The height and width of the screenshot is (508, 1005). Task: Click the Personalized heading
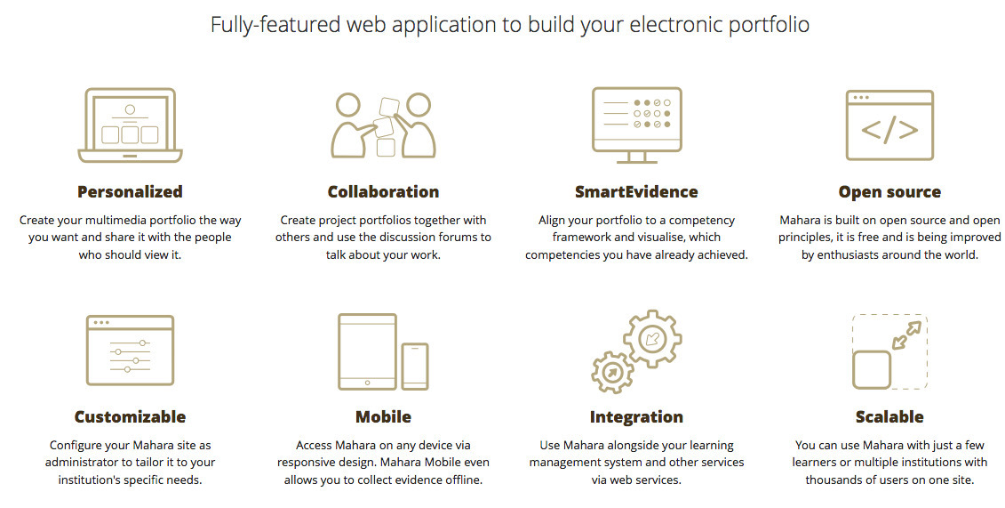(x=130, y=191)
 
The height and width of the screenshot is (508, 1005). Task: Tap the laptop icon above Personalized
(x=130, y=125)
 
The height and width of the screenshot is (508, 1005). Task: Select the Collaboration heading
(x=383, y=191)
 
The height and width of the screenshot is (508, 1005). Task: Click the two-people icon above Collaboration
(x=383, y=125)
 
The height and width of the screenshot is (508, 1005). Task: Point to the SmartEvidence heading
(x=636, y=191)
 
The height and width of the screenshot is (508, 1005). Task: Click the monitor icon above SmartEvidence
(x=636, y=124)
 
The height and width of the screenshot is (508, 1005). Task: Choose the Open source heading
(x=889, y=191)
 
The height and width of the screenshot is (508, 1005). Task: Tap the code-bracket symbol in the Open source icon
(x=889, y=130)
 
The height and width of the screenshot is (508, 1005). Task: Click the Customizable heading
(x=130, y=416)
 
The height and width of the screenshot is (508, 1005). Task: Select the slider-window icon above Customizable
(x=130, y=351)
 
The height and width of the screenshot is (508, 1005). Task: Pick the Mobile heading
(x=383, y=416)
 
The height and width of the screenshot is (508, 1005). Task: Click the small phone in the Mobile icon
(x=414, y=366)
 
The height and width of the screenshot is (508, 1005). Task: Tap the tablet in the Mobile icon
(x=368, y=351)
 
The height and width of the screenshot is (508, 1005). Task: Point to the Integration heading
(x=636, y=416)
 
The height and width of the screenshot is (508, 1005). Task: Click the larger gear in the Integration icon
(x=652, y=338)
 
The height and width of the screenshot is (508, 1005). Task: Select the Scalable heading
(x=889, y=416)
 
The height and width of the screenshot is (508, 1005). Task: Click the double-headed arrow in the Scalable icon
(x=907, y=335)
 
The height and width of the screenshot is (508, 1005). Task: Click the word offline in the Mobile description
(x=459, y=480)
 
